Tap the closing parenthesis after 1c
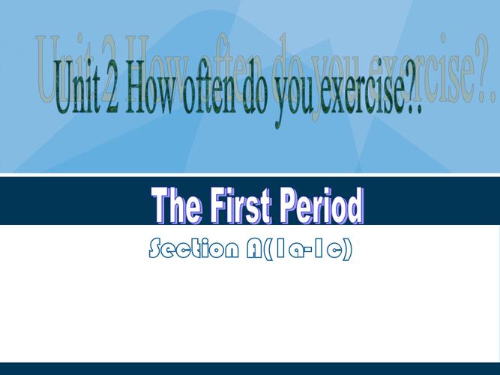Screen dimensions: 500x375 [x=348, y=249]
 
